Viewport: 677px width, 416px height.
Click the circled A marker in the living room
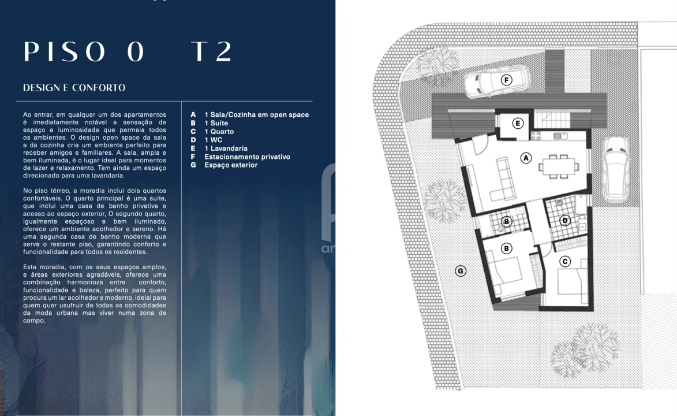pos(526,157)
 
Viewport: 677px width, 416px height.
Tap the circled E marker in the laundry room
pos(518,123)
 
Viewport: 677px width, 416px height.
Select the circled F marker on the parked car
pos(506,80)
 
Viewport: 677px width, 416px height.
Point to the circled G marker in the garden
pos(461,270)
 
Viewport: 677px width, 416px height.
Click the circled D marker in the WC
pos(565,220)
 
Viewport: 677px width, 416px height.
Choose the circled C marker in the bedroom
pos(565,262)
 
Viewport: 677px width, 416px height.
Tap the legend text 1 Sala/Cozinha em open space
pos(256,114)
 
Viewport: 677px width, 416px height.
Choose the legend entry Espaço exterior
pos(231,165)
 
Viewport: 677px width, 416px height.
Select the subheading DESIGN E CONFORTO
pos(74,88)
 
